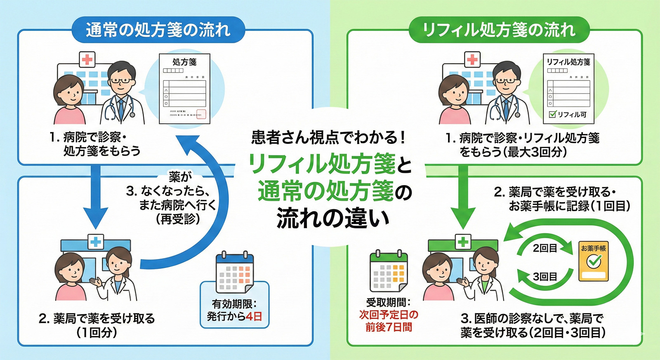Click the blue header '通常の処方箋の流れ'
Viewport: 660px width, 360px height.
pos(158,30)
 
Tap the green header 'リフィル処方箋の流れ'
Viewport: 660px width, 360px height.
pos(499,30)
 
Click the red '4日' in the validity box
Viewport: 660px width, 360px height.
pos(254,317)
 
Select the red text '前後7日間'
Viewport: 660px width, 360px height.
pos(389,327)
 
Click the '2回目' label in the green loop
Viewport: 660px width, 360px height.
pos(545,248)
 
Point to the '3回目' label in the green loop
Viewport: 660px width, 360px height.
pos(545,276)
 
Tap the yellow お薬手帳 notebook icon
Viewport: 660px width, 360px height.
pos(593,261)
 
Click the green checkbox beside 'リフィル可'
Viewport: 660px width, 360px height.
pos(553,114)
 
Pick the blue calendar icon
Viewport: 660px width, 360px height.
pos(234,272)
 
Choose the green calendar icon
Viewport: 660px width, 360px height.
pos(389,271)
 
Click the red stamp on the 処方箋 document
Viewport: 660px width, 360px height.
pos(201,114)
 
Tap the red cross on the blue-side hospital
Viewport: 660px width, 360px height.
pos(87,60)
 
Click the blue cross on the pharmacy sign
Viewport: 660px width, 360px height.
pos(96,242)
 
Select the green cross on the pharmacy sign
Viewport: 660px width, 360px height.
pos(463,242)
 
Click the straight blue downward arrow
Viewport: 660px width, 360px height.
pos(95,198)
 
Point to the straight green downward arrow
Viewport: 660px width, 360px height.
pos(463,198)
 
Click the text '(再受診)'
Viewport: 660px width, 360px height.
pos(178,219)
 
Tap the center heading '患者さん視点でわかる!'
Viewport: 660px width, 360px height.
pos(329,137)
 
